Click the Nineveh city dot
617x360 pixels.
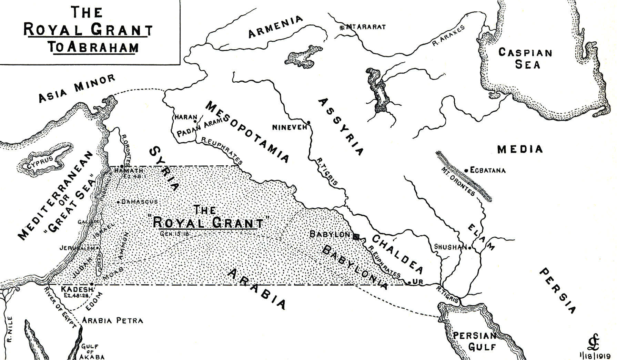(x=309, y=123)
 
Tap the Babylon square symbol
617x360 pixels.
(x=356, y=236)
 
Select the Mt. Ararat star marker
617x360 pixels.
(x=342, y=27)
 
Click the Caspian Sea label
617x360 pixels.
(x=525, y=59)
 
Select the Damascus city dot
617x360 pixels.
(x=118, y=202)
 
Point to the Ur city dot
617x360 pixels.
(x=409, y=283)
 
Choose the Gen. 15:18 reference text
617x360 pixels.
(x=176, y=234)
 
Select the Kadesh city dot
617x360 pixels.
(x=91, y=284)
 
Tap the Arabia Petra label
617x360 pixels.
(x=113, y=321)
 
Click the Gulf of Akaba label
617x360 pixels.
(x=92, y=352)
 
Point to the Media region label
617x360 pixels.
(x=520, y=149)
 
